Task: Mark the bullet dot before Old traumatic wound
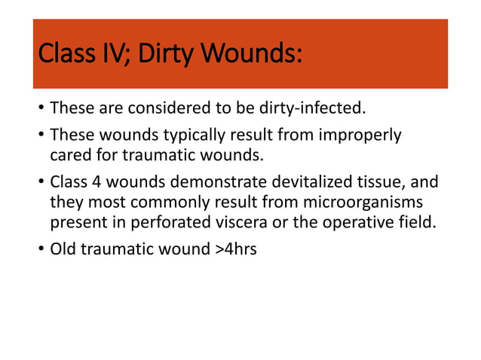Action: (40, 249)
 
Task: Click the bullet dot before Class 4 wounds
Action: (40, 184)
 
